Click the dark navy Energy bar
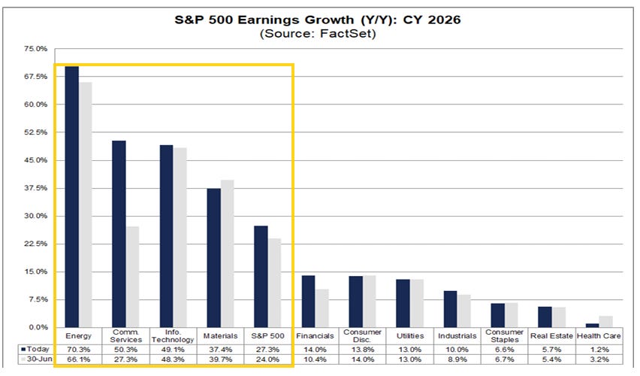[72, 196]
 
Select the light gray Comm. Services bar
[132, 277]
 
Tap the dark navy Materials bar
[214, 258]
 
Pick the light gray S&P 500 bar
[274, 283]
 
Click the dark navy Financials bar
[308, 302]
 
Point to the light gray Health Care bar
[606, 322]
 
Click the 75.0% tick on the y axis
[36, 49]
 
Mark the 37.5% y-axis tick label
[36, 188]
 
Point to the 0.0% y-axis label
[38, 327]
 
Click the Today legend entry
[35, 349]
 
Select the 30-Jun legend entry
[37, 359]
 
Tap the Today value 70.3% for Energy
[78, 350]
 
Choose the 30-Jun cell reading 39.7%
[220, 359]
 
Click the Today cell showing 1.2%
[599, 350]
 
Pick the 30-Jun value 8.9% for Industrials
[457, 359]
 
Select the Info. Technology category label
[173, 336]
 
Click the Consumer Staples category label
[505, 336]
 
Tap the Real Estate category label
[551, 336]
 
